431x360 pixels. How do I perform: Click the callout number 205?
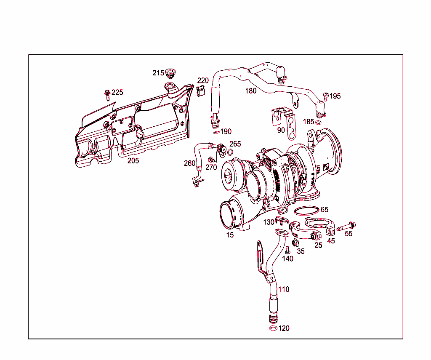(133, 160)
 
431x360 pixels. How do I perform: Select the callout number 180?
(251, 91)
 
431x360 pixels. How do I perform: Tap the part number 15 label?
(230, 235)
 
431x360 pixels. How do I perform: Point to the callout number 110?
(284, 289)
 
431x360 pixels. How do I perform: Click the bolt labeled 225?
(107, 94)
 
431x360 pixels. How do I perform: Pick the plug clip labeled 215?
(170, 73)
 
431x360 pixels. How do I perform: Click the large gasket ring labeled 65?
(306, 211)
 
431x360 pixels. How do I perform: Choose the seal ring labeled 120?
(273, 328)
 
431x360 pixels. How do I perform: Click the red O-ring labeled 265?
(230, 152)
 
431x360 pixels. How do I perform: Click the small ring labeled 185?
(319, 123)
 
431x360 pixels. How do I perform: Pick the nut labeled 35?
(295, 243)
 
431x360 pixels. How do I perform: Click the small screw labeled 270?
(212, 160)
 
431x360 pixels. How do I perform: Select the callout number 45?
(331, 241)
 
